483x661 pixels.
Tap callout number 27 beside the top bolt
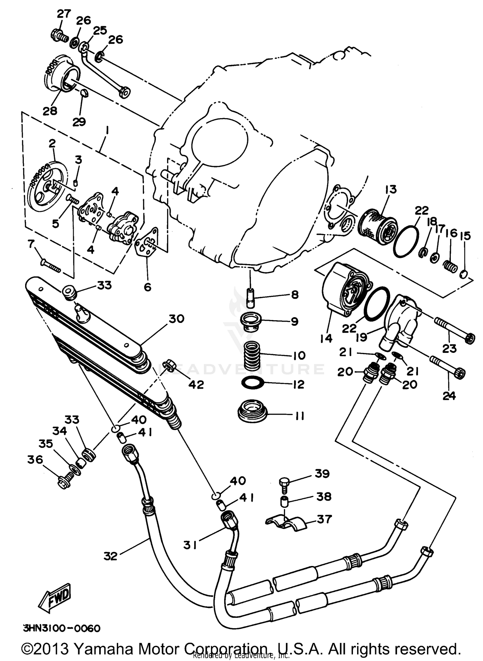click(x=64, y=14)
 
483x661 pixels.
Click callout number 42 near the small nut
click(x=196, y=384)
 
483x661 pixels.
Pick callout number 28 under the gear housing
click(x=50, y=111)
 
